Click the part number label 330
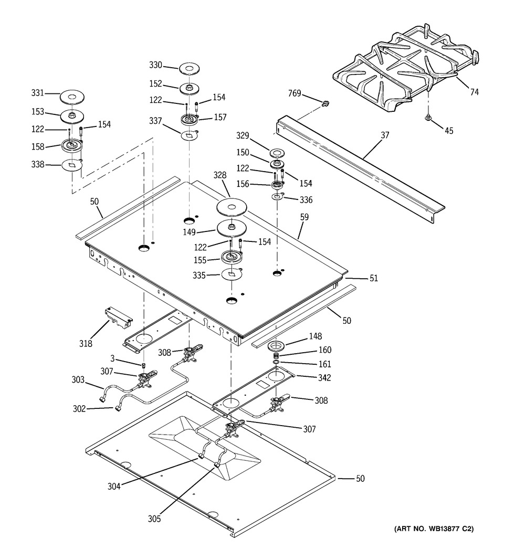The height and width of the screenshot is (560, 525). [156, 65]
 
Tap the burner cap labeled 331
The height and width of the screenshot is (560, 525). [72, 97]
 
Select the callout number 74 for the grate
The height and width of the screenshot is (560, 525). [474, 92]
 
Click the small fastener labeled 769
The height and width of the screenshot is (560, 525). [325, 104]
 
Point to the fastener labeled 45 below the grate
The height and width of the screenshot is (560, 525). [427, 118]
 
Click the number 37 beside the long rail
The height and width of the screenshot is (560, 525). [385, 135]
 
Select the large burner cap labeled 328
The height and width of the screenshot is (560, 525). [232, 207]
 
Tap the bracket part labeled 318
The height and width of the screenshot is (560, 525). [119, 318]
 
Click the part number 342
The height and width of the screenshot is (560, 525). [324, 378]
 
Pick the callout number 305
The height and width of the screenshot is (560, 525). [154, 519]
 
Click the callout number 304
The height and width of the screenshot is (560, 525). [114, 487]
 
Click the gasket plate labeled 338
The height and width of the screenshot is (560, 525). [72, 165]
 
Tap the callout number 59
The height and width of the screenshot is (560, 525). [304, 217]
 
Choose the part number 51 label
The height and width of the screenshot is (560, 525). [374, 278]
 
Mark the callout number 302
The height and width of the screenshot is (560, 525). [79, 408]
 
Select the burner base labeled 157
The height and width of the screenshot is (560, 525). [190, 120]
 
